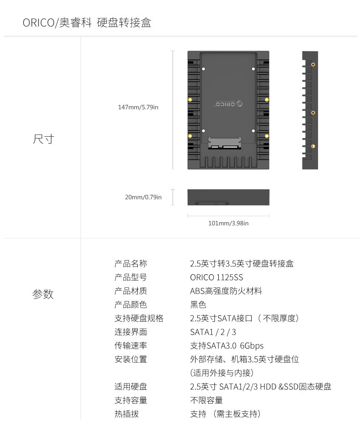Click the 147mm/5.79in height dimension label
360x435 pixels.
click(x=138, y=107)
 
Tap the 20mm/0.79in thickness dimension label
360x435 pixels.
click(x=143, y=197)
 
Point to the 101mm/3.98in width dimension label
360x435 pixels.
click(x=228, y=223)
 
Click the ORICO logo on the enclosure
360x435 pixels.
click(x=228, y=104)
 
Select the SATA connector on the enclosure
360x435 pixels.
click(x=224, y=143)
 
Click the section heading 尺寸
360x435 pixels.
click(x=44, y=139)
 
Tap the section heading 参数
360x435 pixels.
click(x=43, y=294)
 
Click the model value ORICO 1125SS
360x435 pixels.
click(x=216, y=277)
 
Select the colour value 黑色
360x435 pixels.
click(x=198, y=304)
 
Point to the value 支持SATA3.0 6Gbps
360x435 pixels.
click(x=227, y=345)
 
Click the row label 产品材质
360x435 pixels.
click(x=131, y=291)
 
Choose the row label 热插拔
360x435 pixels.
click(x=127, y=414)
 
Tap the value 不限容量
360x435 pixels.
click(x=206, y=400)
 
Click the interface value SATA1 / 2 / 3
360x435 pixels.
click(x=213, y=332)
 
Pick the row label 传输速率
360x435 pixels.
click(x=131, y=345)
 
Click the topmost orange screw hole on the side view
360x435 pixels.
click(x=313, y=65)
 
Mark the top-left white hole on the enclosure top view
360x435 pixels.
click(x=203, y=69)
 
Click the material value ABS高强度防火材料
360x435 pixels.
click(x=226, y=291)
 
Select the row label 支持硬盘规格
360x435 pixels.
click(x=139, y=318)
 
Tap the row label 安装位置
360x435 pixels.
click(x=131, y=359)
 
